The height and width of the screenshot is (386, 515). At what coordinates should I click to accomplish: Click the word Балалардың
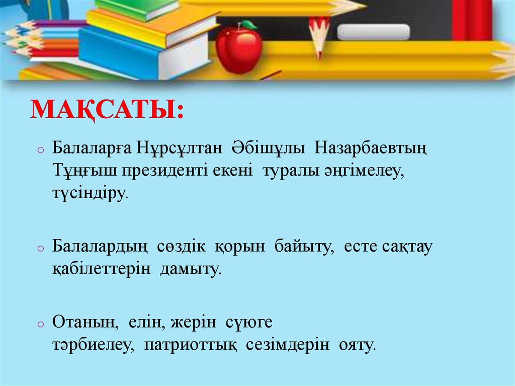[x=100, y=248]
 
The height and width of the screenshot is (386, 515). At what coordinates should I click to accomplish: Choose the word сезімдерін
[x=288, y=345]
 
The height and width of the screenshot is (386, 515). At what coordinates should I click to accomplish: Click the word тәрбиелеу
[x=92, y=346]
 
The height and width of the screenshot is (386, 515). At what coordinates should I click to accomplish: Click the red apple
[x=239, y=50]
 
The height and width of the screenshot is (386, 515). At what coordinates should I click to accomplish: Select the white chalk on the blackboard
[x=373, y=32]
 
